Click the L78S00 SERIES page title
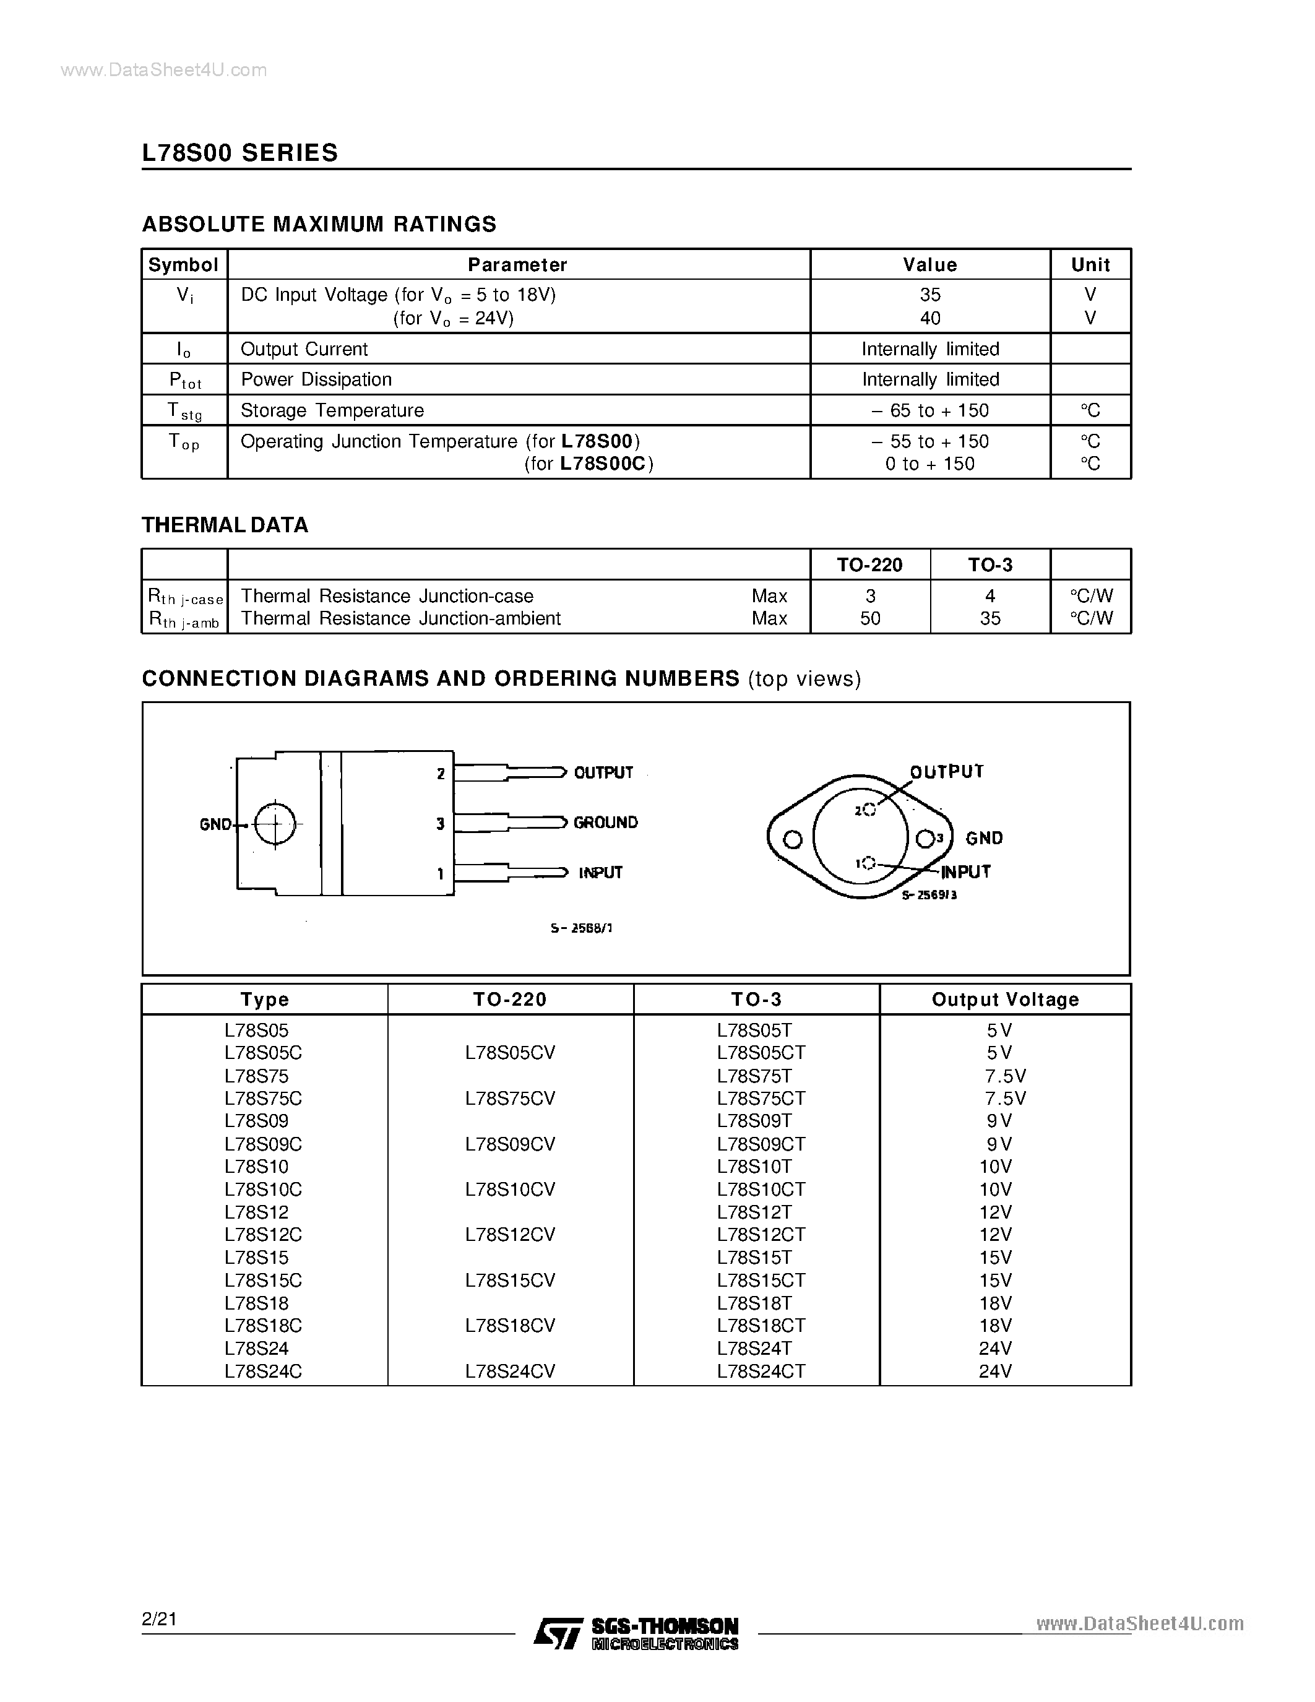240,152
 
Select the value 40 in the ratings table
930,318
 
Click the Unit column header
1090,265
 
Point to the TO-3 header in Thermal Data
989,565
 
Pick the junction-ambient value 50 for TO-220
870,618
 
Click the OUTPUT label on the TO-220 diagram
603,772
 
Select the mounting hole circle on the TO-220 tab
275,823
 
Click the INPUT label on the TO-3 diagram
965,871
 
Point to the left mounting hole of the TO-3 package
792,839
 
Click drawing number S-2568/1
581,928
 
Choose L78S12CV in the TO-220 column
511,1235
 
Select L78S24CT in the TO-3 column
761,1371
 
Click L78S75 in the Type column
256,1076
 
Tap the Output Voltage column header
1005,999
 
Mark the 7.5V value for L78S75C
1005,1098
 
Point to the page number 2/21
160,1620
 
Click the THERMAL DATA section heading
225,525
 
